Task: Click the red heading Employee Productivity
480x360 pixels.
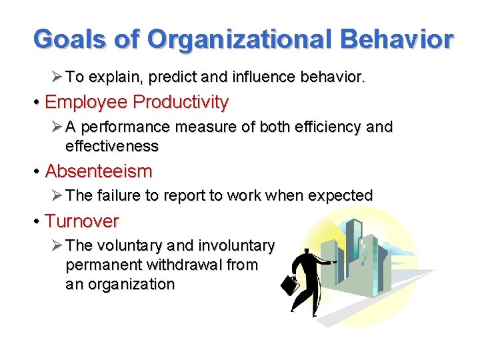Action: pyautogui.click(x=137, y=102)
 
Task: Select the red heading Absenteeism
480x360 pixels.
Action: pyautogui.click(x=99, y=171)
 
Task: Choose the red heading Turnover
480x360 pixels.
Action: pyautogui.click(x=82, y=221)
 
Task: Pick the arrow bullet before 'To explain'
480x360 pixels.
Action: pyautogui.click(x=57, y=77)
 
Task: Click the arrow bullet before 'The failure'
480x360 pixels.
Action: pyautogui.click(x=57, y=196)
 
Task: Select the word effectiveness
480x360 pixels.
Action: pyautogui.click(x=112, y=146)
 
